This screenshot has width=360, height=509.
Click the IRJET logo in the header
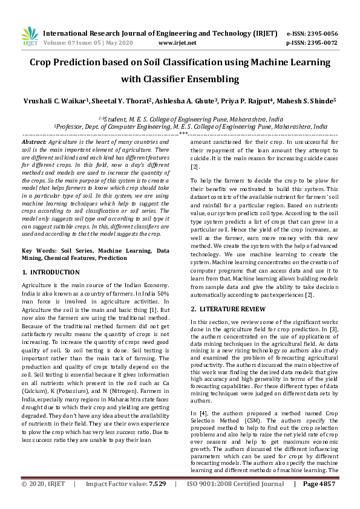29,37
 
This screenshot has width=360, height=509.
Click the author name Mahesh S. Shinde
309,101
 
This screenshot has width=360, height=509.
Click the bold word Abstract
34,141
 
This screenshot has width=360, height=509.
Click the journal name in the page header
160,33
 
